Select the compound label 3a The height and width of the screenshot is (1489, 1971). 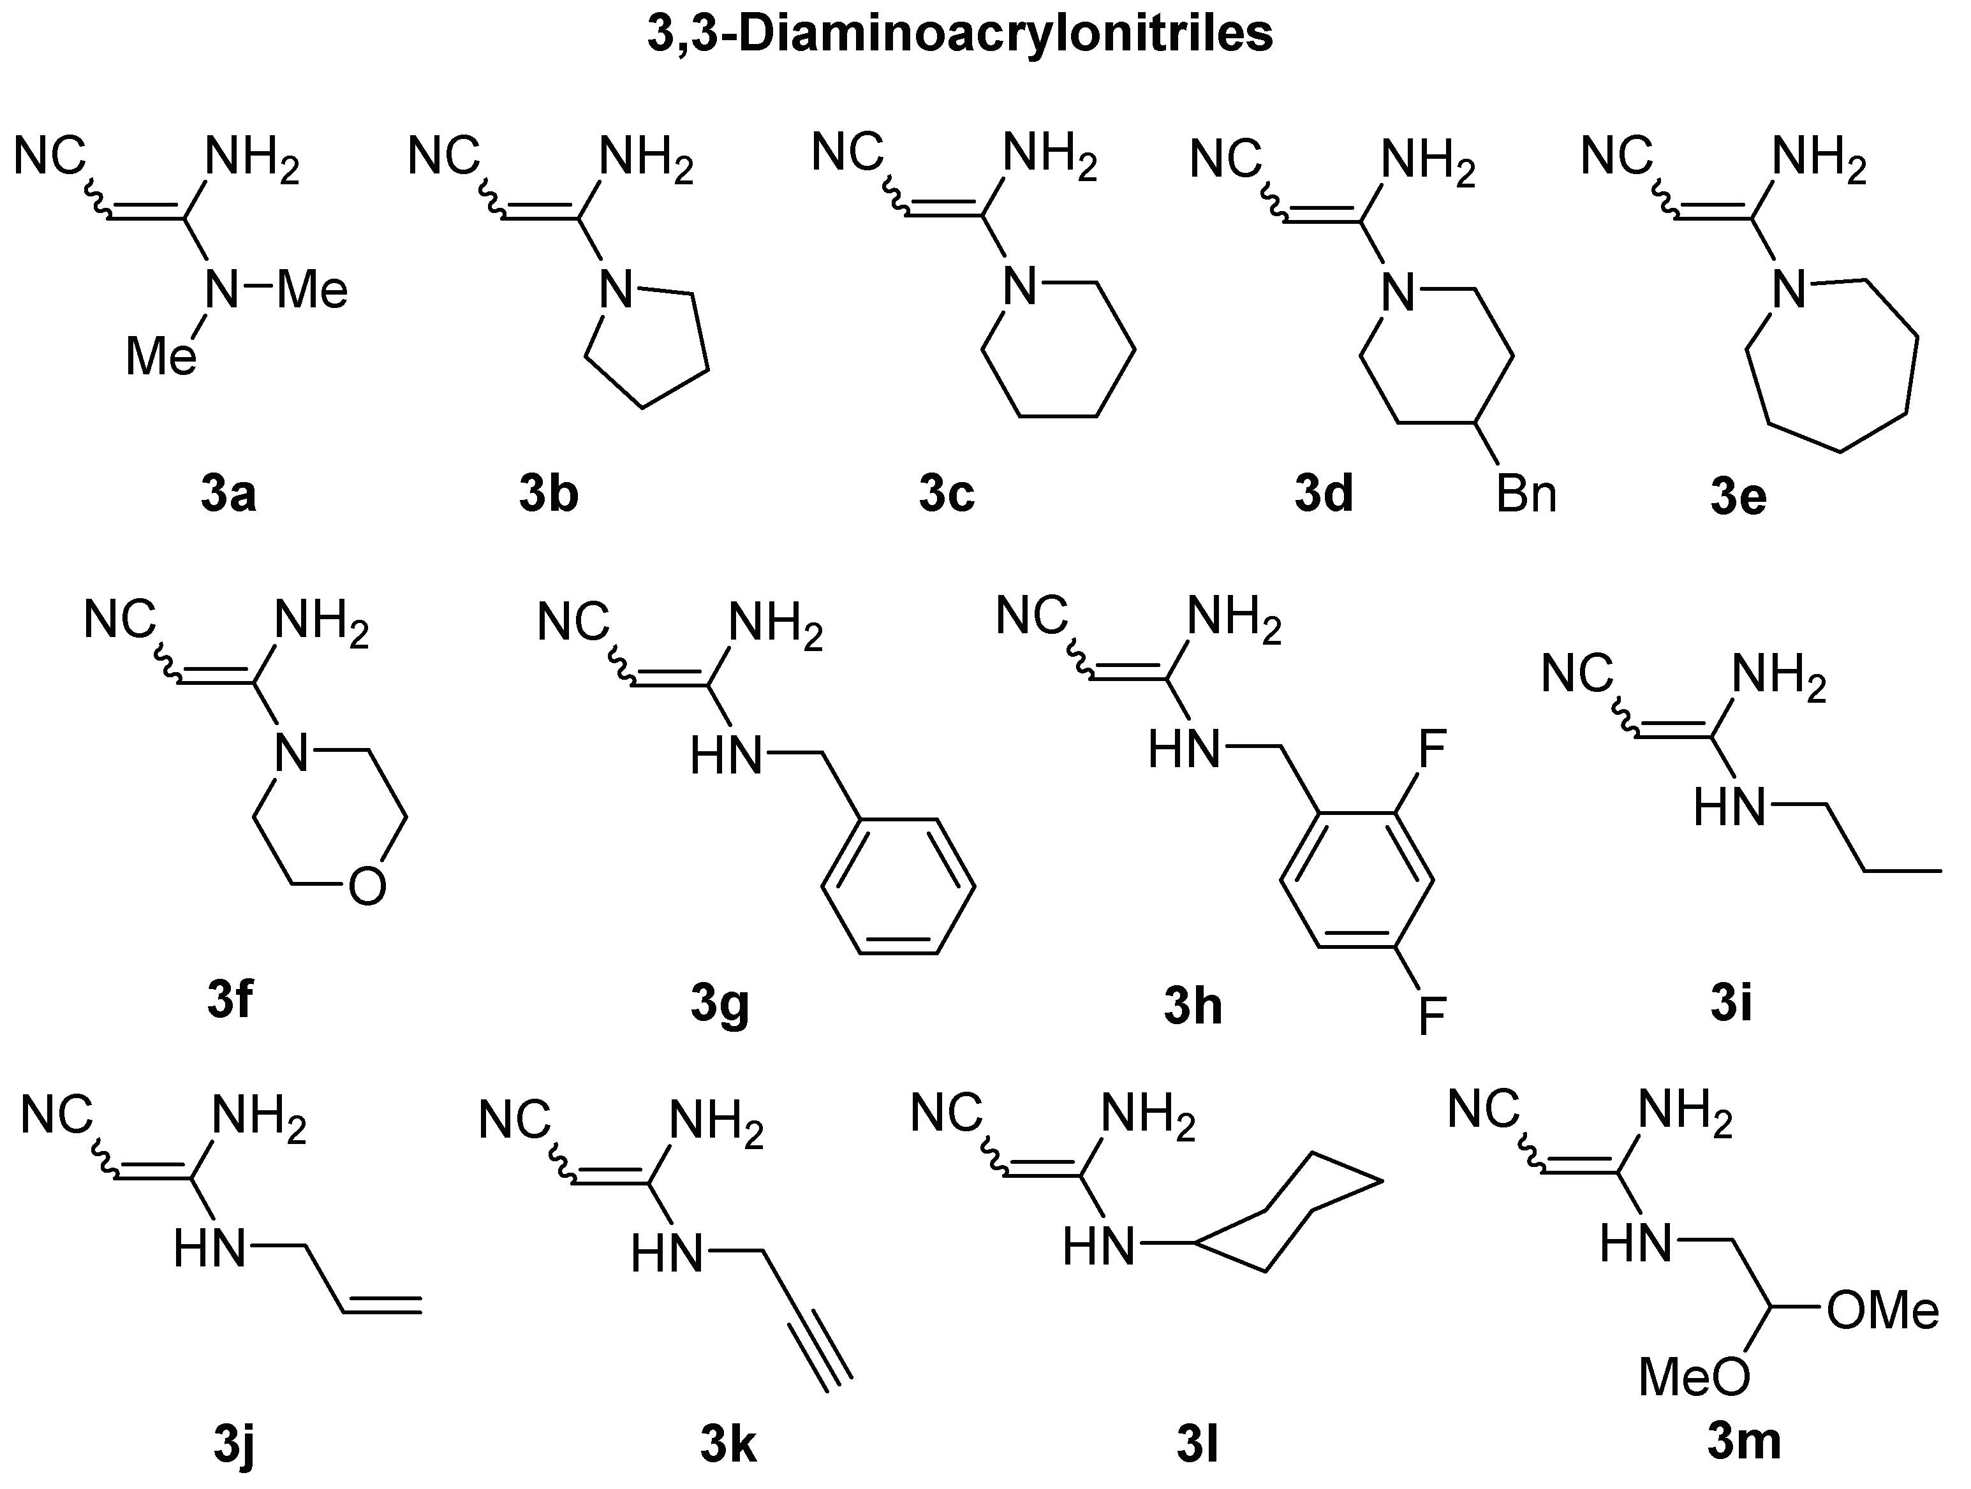click(228, 495)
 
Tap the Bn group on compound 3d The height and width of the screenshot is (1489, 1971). click(1526, 495)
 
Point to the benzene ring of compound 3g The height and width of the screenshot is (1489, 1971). click(898, 887)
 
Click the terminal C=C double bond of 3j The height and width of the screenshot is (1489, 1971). click(381, 1305)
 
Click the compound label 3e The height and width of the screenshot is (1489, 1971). click(1738, 497)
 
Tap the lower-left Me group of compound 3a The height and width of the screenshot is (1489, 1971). click(160, 357)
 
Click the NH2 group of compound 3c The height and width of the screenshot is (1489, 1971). click(1050, 157)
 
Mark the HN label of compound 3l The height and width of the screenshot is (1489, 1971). click(1098, 1246)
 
